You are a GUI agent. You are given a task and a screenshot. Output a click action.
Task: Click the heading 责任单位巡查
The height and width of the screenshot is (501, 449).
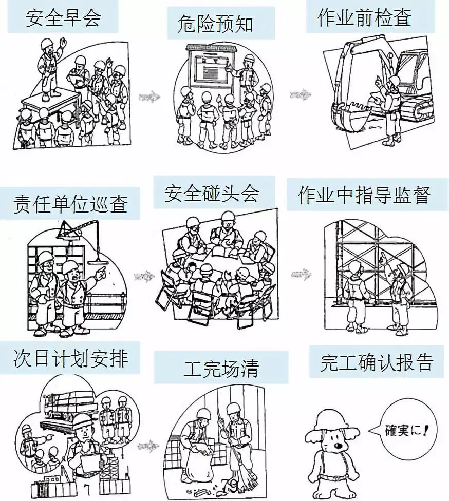point(70,203)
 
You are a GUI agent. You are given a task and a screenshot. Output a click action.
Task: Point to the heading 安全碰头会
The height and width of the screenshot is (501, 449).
point(212,194)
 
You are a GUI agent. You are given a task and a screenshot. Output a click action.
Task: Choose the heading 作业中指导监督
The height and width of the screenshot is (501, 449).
point(364,195)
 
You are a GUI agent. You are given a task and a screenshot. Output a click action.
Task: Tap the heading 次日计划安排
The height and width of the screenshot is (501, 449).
point(70,358)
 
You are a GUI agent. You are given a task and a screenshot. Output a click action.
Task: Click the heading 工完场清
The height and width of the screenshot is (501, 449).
point(221,368)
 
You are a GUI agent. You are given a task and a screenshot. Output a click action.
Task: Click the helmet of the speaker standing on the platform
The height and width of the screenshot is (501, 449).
point(48,43)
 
